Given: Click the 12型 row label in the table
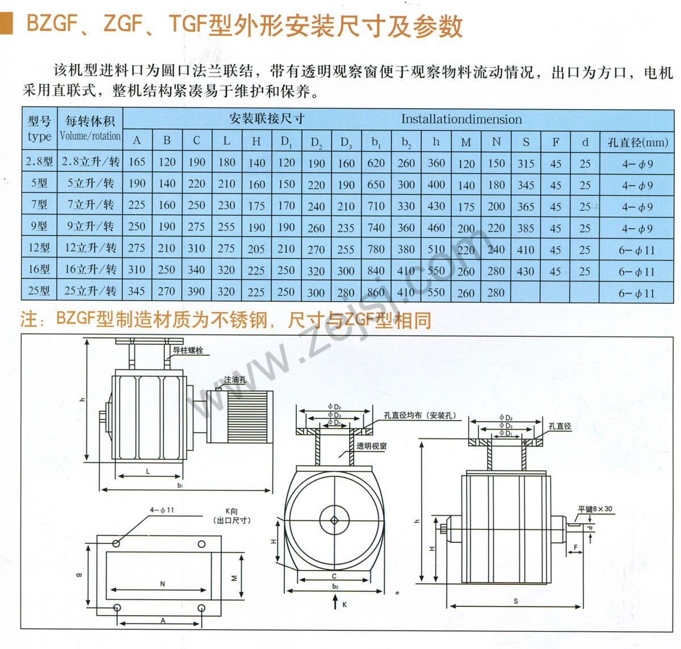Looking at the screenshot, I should click(39, 248).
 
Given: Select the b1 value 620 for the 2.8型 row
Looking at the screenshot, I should click(376, 163).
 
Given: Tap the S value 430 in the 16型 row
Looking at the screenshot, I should click(526, 271).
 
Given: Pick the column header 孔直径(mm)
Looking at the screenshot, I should click(637, 142).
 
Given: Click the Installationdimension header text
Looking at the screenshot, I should click(461, 119).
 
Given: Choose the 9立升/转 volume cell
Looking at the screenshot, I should click(90, 226).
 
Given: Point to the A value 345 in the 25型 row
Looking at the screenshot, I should click(136, 292).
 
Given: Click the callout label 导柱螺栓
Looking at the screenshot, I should click(188, 351).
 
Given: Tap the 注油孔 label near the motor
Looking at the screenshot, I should click(235, 380).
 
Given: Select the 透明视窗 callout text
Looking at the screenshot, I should click(371, 446).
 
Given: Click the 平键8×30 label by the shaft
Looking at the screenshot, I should click(595, 509).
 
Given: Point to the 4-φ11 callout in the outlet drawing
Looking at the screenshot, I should click(162, 510).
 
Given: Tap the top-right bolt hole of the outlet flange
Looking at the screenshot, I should click(201, 544).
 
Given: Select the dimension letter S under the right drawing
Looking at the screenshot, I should click(515, 601).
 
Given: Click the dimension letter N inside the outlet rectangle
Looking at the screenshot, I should click(162, 583).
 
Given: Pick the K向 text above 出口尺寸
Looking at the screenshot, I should click(232, 511).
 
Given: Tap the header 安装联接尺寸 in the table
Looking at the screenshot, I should click(267, 119).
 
